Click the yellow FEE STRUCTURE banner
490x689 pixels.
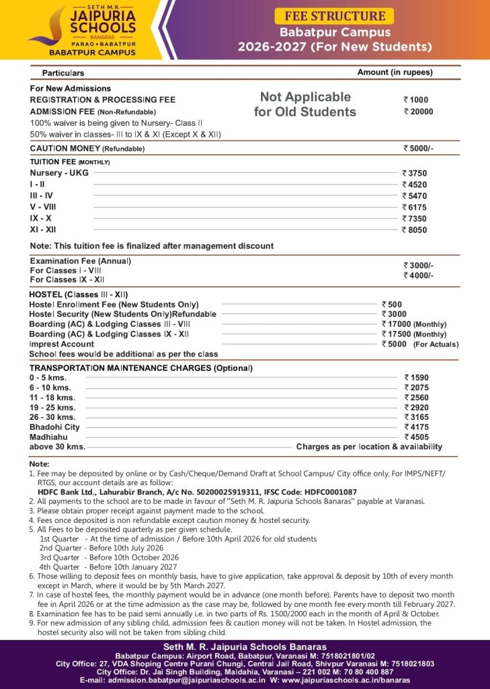coord(335,16)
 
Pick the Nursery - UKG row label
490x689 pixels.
coord(54,173)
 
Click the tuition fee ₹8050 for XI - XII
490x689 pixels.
coord(415,230)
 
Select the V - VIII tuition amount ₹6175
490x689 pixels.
coord(415,207)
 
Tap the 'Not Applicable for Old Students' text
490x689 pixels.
coord(305,104)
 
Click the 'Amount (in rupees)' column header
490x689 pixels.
coord(395,72)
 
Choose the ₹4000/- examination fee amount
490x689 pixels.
coord(418,275)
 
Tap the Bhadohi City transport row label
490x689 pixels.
coord(54,427)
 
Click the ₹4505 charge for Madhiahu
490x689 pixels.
coord(416,437)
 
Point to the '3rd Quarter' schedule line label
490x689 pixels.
coord(60,557)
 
